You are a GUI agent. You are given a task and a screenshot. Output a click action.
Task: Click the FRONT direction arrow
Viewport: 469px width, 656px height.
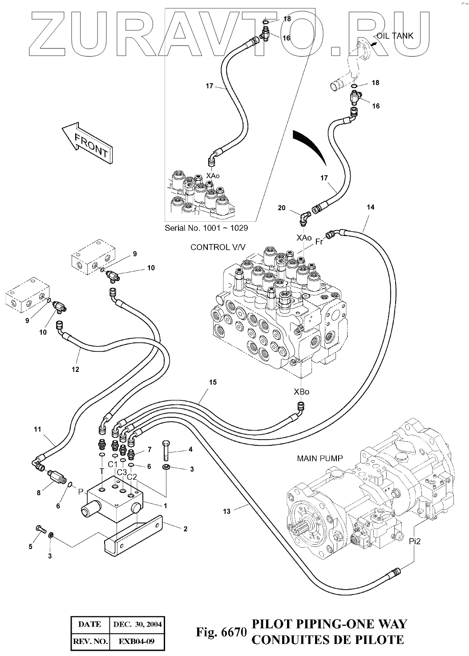click(88, 143)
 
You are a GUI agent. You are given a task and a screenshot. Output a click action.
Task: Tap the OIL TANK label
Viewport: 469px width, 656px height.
click(395, 36)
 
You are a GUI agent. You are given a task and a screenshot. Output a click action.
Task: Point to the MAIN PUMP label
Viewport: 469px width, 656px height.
click(319, 459)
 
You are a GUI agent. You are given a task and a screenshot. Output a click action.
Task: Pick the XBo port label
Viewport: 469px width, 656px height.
click(301, 392)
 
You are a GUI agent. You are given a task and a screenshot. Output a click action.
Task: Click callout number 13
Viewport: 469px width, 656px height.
click(227, 511)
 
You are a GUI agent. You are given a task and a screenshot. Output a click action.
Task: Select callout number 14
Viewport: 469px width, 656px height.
click(371, 207)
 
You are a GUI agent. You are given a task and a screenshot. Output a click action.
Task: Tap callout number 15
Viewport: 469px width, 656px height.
click(213, 383)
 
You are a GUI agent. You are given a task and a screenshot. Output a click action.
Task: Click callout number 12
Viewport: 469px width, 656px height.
click(75, 369)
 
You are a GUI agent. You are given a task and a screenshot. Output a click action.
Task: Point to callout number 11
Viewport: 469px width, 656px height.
click(37, 430)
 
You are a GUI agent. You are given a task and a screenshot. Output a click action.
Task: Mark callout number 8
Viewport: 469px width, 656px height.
click(39, 493)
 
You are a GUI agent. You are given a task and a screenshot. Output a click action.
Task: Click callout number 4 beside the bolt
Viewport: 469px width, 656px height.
click(190, 449)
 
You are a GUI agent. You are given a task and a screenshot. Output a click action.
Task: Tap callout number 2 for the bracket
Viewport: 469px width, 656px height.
click(185, 529)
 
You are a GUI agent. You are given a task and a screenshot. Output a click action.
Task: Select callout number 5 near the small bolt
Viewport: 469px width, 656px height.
click(31, 546)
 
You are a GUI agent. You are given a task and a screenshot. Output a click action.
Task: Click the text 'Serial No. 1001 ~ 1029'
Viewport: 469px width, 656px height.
click(206, 228)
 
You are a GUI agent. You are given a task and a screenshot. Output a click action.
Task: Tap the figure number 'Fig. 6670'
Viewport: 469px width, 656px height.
click(221, 632)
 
